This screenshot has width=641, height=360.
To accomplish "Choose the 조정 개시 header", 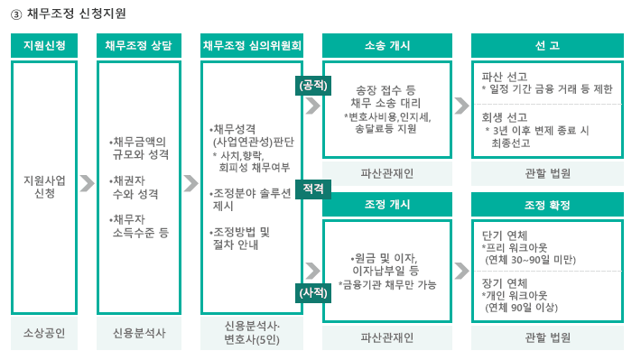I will [387, 205].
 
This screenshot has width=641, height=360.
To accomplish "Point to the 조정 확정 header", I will [547, 205].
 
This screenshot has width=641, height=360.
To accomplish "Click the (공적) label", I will [312, 85].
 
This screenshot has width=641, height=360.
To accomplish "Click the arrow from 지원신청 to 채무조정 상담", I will [87, 184].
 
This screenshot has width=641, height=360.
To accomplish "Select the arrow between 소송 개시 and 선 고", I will [461, 105].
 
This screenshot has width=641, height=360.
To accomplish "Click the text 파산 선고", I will [505, 76].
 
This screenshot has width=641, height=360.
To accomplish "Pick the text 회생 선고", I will [505, 117].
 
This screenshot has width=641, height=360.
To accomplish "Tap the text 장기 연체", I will [505, 282].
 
